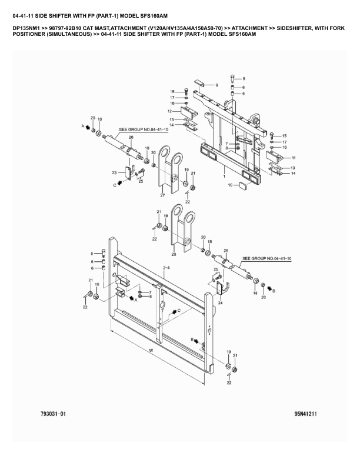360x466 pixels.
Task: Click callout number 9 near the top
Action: coord(216,85)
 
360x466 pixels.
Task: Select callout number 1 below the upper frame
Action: coord(224,175)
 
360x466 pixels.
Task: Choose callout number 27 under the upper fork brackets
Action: coord(162,195)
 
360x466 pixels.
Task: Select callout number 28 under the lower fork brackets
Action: coord(173,254)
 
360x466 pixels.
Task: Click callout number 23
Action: coord(114,172)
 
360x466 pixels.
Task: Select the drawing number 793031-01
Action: coord(54,414)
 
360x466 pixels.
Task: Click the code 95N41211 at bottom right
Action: coord(306,414)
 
